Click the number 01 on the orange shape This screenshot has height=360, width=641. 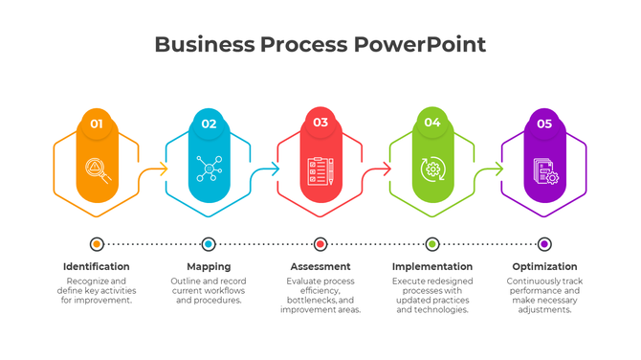[97, 124]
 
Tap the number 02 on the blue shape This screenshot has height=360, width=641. [209, 124]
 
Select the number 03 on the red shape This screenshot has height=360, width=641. [320, 123]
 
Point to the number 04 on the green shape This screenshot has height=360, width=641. [432, 123]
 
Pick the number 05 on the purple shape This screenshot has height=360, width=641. [544, 124]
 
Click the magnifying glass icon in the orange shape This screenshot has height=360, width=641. [97, 169]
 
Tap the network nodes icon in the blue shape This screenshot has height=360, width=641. [209, 169]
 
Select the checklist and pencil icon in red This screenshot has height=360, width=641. [320, 170]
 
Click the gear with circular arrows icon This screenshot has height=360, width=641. [432, 169]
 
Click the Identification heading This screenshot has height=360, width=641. [97, 266]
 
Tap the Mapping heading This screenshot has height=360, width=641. [209, 266]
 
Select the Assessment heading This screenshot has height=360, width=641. [320, 266]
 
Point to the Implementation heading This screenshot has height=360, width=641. [432, 266]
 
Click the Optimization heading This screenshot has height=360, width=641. [544, 266]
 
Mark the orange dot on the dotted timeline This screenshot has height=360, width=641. [97, 244]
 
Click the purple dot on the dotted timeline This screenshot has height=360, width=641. [544, 244]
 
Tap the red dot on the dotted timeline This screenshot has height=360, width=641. [320, 244]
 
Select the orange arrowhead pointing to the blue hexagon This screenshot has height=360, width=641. [164, 169]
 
